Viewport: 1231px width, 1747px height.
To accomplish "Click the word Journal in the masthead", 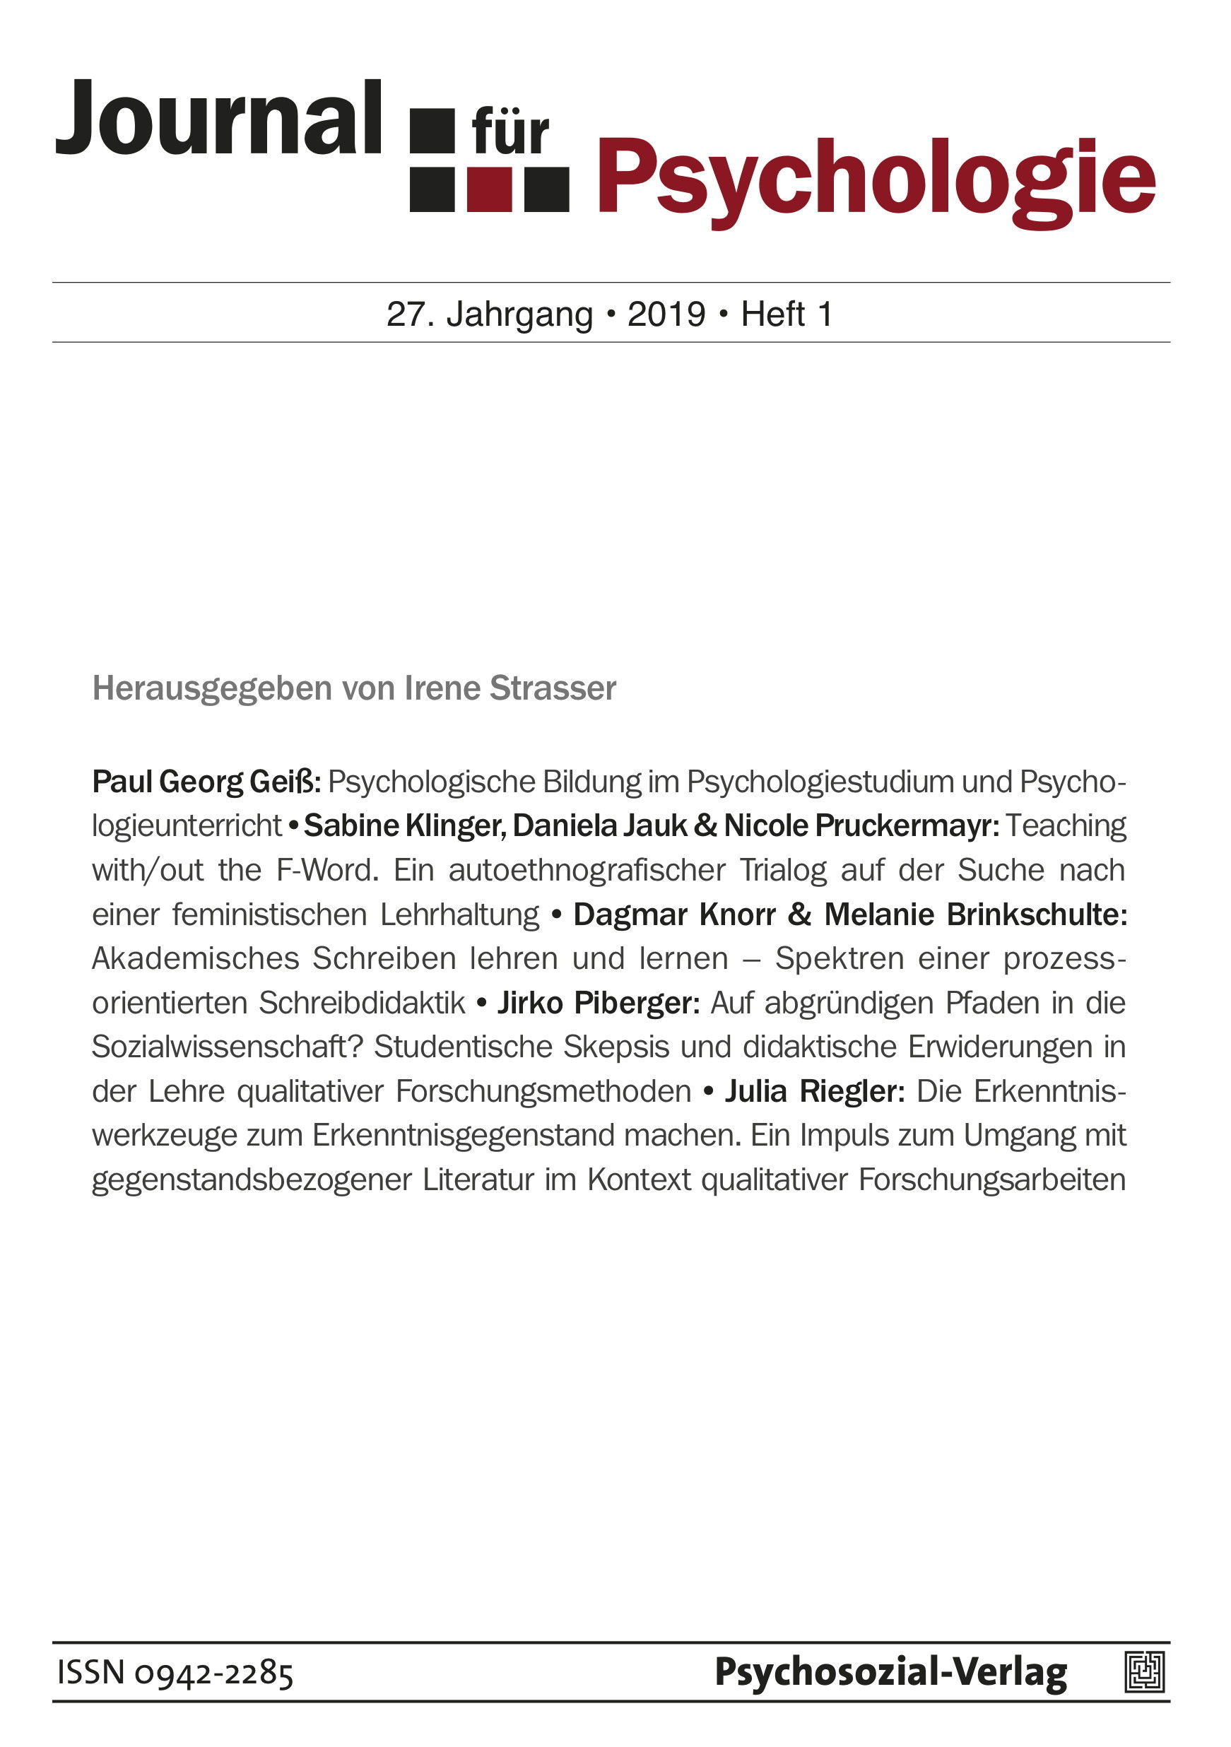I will (x=218, y=118).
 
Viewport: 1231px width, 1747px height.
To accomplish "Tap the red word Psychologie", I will (x=876, y=179).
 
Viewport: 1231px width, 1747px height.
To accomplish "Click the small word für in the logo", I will (x=510, y=133).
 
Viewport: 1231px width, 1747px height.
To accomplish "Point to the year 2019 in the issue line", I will (x=666, y=314).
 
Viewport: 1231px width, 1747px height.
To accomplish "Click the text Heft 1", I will (x=787, y=314).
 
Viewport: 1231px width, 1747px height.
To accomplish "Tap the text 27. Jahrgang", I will (x=489, y=314).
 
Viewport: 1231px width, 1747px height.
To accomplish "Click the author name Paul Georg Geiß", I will (x=206, y=782).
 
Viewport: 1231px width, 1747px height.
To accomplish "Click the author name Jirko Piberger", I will (x=598, y=1003).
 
